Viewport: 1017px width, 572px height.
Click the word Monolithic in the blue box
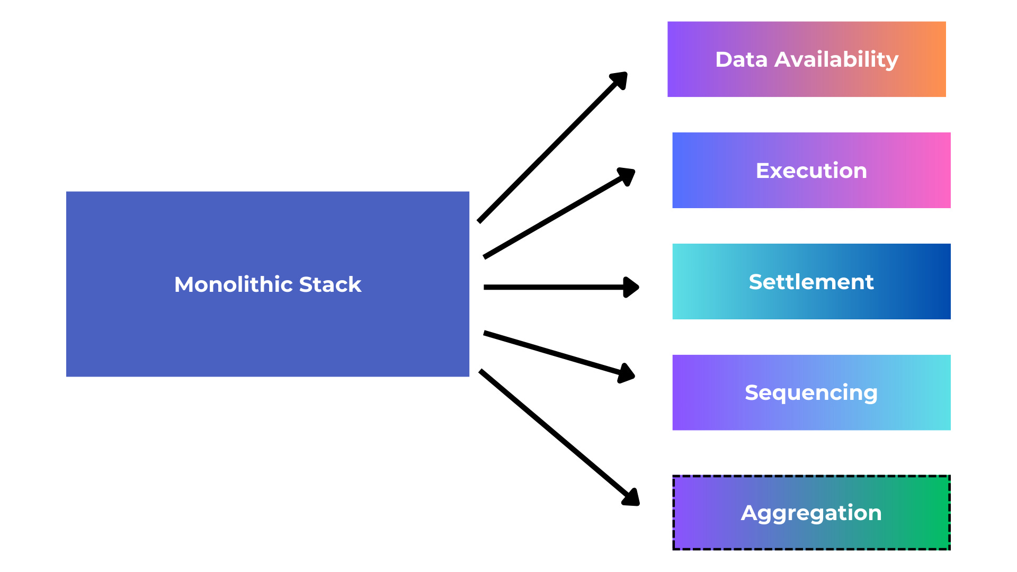coord(234,284)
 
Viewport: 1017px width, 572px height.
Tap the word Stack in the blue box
coord(330,284)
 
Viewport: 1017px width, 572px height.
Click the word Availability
coord(836,60)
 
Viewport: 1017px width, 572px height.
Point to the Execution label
coord(811,171)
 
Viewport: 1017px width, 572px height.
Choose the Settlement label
coord(811,282)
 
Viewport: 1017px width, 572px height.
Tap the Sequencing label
coord(811,393)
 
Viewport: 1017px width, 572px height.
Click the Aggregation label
coord(811,513)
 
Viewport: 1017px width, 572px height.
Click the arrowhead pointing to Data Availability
coord(620,80)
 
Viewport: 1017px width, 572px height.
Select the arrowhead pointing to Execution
coord(627,176)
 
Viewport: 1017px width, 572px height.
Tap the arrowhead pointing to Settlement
coord(631,287)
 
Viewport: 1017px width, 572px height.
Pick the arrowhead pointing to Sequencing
coord(627,373)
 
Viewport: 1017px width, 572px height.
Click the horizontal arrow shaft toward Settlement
coord(551,287)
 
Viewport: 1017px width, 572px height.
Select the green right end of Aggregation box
coord(938,513)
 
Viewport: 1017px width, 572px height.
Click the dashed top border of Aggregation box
coord(811,476)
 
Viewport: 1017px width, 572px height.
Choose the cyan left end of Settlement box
coord(683,282)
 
